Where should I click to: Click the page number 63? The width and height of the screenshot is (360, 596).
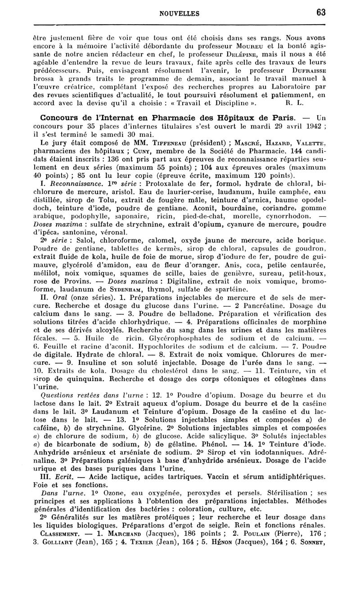click(x=320, y=13)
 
